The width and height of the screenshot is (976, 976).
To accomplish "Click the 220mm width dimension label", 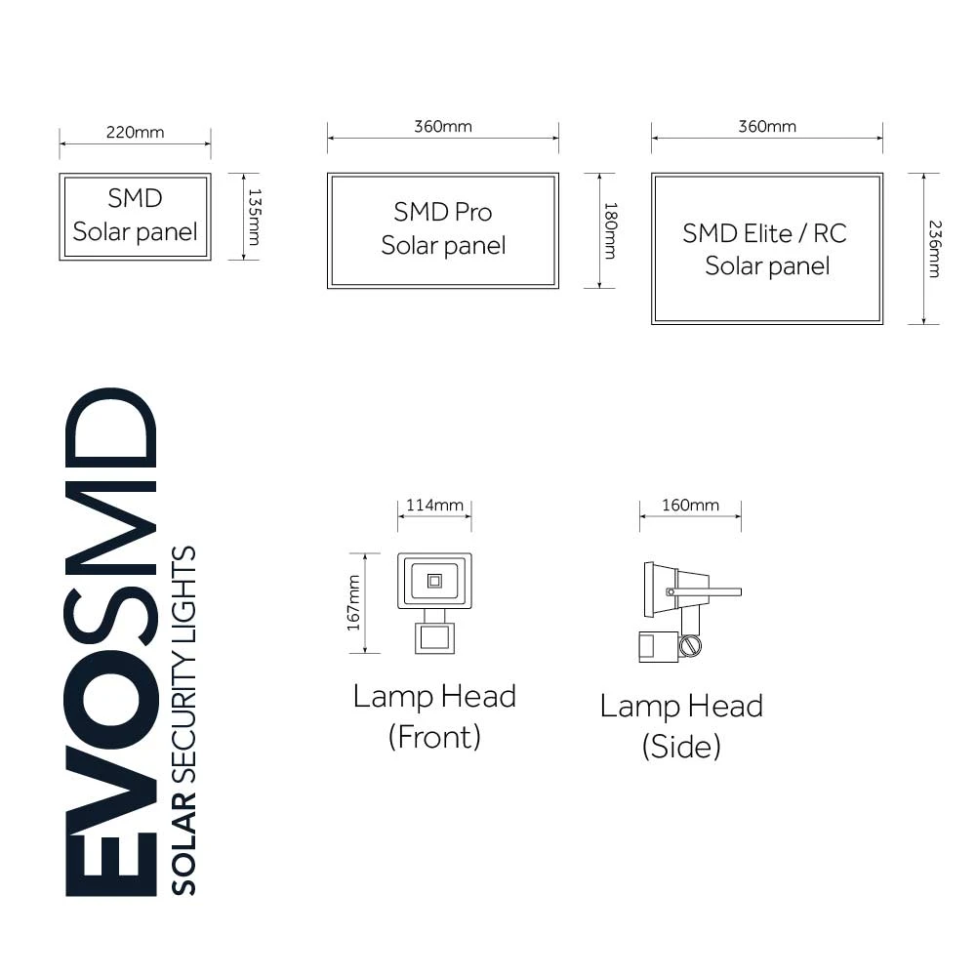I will tap(135, 132).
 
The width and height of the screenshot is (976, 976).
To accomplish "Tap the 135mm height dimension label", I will tap(254, 217).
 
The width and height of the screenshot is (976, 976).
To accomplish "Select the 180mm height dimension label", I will tap(610, 230).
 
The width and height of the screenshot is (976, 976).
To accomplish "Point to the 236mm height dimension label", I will tap(934, 250).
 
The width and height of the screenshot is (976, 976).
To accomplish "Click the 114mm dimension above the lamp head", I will tap(434, 505).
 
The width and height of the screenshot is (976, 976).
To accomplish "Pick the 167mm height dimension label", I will tap(353, 602).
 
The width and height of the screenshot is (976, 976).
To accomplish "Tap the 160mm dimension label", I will tap(690, 505).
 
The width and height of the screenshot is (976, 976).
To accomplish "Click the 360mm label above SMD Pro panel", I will tap(442, 127).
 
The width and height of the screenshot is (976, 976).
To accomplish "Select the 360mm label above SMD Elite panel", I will tap(766, 127).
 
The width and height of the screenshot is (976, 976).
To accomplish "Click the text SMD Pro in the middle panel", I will tap(443, 212).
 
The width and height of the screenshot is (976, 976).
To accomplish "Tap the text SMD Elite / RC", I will tap(764, 233).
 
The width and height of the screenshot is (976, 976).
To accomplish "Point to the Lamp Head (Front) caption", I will tap(434, 715).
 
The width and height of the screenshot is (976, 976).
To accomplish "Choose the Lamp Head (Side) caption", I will tap(681, 725).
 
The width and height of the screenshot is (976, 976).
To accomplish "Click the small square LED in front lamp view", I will tap(434, 582).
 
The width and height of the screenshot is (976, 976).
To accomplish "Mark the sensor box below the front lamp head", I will tap(434, 639).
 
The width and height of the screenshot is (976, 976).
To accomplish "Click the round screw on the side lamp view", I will tap(690, 646).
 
